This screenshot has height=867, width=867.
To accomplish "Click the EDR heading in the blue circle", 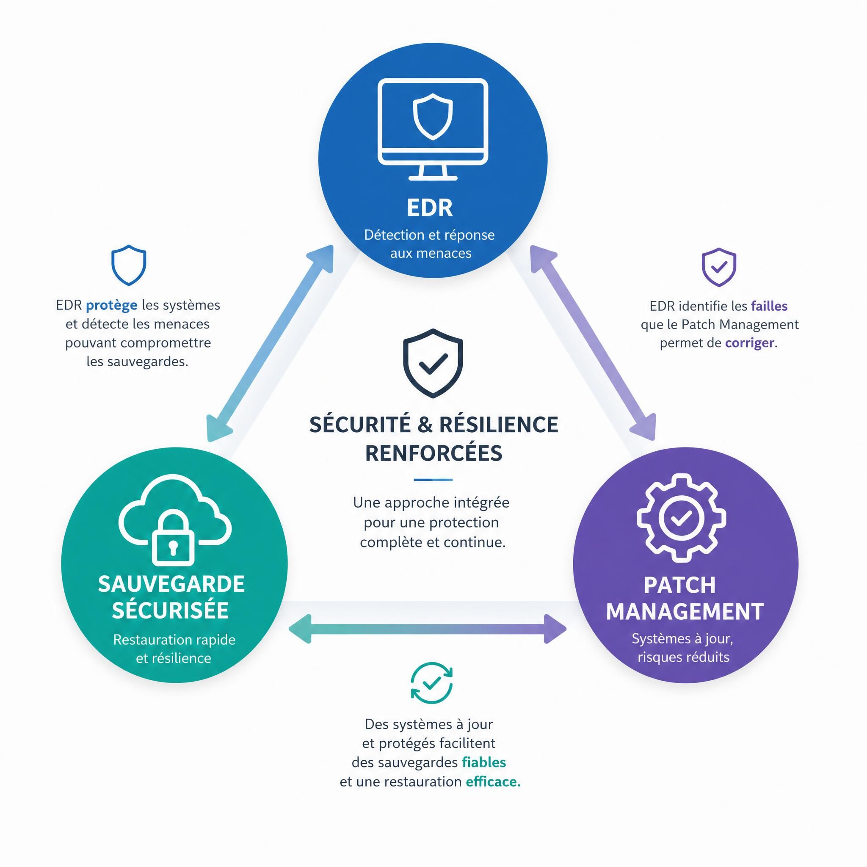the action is tap(430, 208).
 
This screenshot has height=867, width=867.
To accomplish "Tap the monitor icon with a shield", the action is tap(433, 129).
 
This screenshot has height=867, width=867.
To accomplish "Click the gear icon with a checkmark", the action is tap(681, 518).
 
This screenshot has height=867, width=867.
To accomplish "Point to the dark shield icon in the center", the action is tap(433, 363).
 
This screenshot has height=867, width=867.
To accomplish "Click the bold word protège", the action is tap(111, 306).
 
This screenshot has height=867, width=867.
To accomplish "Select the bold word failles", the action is tap(769, 306).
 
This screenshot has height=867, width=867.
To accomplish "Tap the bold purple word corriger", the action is tap(750, 343).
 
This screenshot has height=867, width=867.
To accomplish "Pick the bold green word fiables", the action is tap(484, 762).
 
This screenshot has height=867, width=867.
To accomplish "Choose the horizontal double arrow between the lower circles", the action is tap(427, 629).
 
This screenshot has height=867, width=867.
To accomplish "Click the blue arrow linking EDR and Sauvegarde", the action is tap(270, 343).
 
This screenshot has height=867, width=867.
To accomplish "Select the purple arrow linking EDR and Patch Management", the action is tap(593, 343).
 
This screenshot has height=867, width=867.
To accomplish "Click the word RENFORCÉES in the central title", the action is tap(433, 453).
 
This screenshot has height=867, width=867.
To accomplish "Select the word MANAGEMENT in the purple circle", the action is tap(685, 612).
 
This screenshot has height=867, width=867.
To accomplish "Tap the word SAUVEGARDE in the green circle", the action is tap(171, 584).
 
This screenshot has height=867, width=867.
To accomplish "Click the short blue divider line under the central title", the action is tap(433, 479).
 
